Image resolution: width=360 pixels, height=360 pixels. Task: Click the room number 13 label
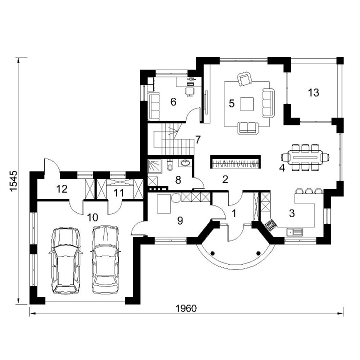click(313, 92)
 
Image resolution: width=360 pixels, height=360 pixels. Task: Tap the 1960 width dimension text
click(186, 308)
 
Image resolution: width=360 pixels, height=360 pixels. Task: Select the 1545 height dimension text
click(13, 180)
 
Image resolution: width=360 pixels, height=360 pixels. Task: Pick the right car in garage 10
click(105, 259)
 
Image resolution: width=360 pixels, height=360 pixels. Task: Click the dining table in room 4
click(305, 157)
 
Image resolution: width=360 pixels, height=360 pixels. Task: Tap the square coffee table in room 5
click(247, 104)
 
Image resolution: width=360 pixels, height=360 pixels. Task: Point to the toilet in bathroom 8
click(170, 165)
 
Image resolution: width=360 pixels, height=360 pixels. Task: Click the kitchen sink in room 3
click(294, 232)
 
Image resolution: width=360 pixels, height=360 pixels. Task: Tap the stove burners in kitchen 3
click(270, 224)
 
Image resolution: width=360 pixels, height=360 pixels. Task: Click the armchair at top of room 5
click(244, 78)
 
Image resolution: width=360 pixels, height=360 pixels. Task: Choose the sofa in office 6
click(154, 106)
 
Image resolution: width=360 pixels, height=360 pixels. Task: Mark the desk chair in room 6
click(189, 91)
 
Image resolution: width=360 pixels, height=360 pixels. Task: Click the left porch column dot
click(212, 253)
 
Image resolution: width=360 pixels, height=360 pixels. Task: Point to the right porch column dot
click(258, 253)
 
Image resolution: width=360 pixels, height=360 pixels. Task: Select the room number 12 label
click(62, 189)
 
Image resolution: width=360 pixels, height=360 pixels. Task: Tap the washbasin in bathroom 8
click(185, 163)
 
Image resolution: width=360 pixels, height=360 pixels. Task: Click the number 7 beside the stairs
click(198, 139)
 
